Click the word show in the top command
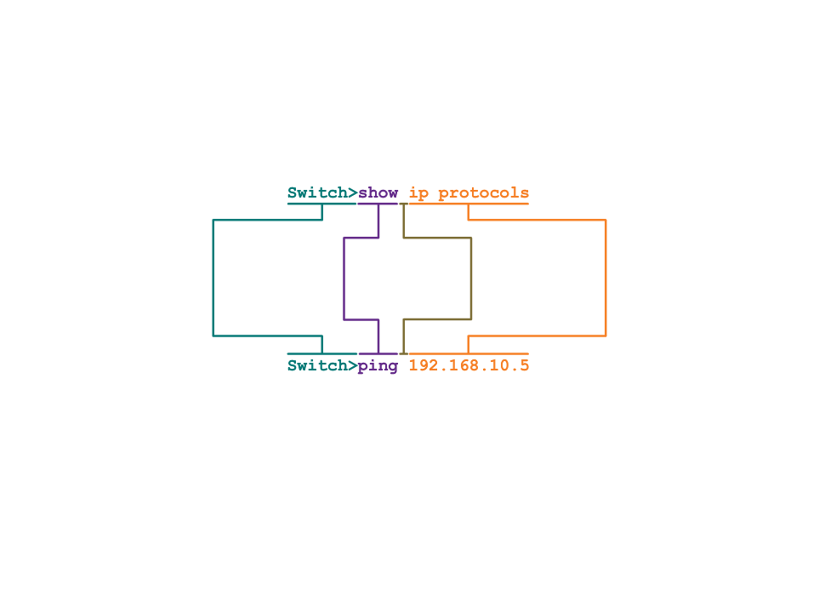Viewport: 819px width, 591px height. coord(378,193)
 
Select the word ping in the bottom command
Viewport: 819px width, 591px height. coord(378,366)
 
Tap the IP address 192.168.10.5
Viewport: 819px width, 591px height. coord(469,365)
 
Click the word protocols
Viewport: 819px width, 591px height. coord(483,193)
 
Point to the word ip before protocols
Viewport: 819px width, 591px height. coord(418,193)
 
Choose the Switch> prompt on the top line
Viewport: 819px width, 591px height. coord(321,193)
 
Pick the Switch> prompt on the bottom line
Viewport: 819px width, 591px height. coord(321,365)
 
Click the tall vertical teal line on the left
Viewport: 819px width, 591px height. coord(213,278)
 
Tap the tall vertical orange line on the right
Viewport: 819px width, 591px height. coord(606,278)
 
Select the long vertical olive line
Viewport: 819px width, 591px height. coord(471,278)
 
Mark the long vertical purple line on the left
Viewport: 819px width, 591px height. coord(344,278)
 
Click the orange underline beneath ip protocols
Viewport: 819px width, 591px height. coord(469,204)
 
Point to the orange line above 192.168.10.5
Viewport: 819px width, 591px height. coord(469,353)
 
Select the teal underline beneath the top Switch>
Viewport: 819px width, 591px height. coord(321,204)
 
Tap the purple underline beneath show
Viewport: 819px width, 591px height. coord(378,204)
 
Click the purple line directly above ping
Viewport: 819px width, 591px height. coord(378,353)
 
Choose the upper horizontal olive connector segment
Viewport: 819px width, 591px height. coord(437,238)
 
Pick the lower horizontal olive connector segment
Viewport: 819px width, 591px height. coord(437,319)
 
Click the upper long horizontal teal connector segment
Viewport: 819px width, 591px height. coord(267,220)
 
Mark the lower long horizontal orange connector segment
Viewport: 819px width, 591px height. coord(537,336)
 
